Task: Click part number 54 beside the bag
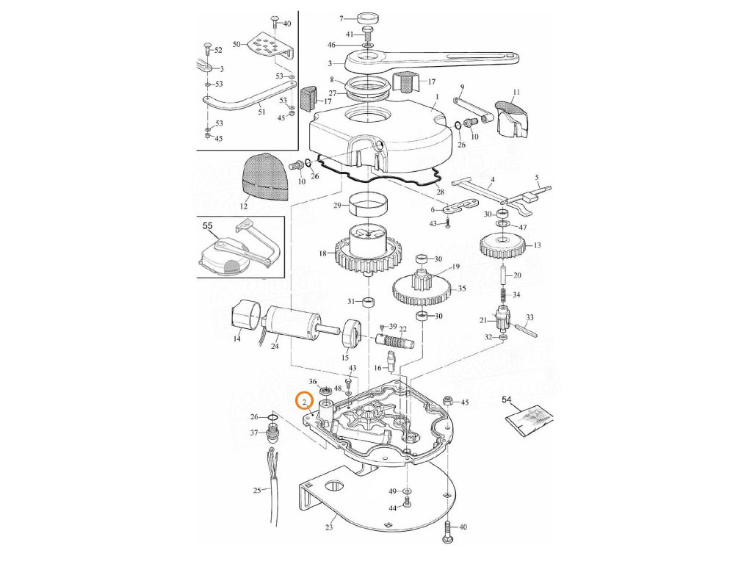[506, 400]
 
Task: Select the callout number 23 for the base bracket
[329, 527]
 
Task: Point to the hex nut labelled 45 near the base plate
[447, 402]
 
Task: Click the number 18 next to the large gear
[322, 253]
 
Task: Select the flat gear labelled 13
[505, 245]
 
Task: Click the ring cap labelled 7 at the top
[367, 18]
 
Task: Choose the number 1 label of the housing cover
[436, 97]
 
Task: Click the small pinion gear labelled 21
[505, 321]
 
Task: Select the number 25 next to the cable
[256, 490]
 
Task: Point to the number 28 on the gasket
[440, 192]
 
